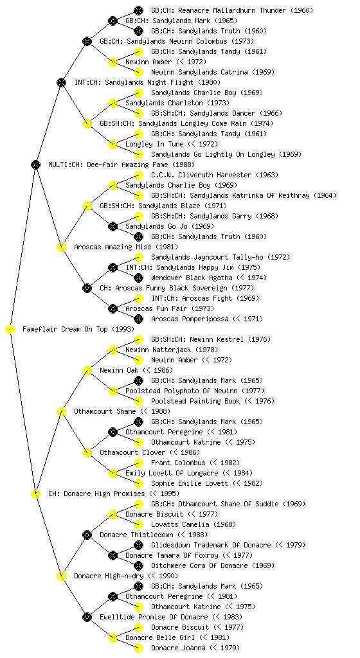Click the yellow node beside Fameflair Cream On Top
coord(10,330)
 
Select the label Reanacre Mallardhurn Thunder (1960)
coord(232,10)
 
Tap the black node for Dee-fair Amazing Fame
coord(35,165)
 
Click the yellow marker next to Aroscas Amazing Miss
coord(61,247)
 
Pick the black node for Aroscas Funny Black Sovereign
coord(87,289)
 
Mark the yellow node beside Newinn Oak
coord(87,371)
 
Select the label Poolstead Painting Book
coord(195,401)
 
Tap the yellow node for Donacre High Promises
coord(35,494)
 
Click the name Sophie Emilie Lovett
coord(190,483)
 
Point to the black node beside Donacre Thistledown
coord(87,535)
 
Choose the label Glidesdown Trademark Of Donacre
coord(211,545)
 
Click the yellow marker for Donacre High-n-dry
coord(61,576)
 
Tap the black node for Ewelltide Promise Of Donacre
coord(87,618)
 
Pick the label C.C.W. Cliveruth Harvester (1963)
coord(215,175)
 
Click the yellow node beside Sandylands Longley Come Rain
coord(87,124)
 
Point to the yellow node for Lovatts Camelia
coord(138,524)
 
